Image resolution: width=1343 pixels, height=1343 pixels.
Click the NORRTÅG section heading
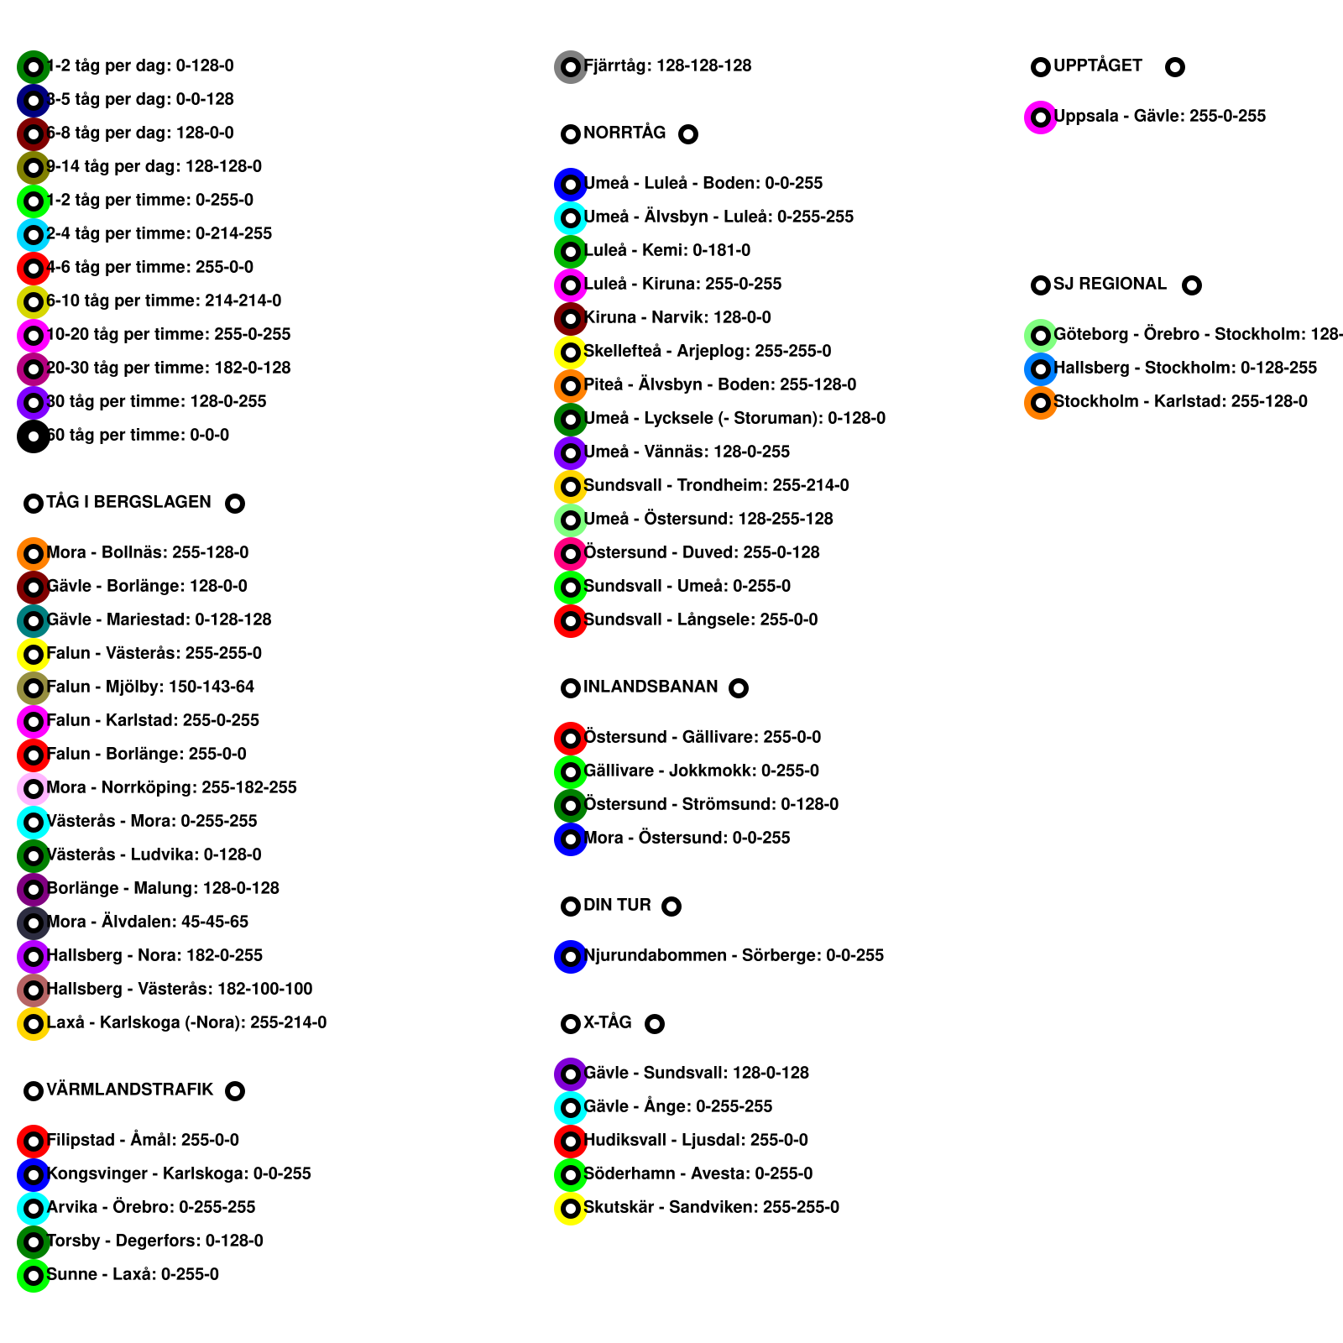pyautogui.click(x=624, y=133)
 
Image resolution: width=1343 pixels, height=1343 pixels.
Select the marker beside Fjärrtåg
pyautogui.click(x=571, y=67)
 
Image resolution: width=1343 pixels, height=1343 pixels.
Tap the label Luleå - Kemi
pyautogui.click(x=667, y=250)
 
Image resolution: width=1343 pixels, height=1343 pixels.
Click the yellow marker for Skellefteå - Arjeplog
pyautogui.click(x=571, y=353)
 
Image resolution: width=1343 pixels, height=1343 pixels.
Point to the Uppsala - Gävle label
pyautogui.click(x=1159, y=116)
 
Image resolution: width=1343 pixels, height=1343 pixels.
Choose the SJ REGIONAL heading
pyautogui.click(x=1110, y=284)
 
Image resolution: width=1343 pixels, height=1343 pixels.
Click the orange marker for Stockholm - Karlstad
pyautogui.click(x=1041, y=403)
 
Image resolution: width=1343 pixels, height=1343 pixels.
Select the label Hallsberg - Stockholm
pyautogui.click(x=1185, y=368)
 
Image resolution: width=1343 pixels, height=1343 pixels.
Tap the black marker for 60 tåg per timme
pyautogui.click(x=34, y=436)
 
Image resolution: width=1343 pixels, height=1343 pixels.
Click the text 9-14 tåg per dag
pyautogui.click(x=154, y=166)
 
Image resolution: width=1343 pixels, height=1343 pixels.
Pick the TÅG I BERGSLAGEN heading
pyautogui.click(x=129, y=502)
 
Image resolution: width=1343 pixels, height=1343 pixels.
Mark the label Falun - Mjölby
pyautogui.click(x=151, y=687)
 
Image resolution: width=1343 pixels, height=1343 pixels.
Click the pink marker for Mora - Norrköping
pyautogui.click(x=34, y=789)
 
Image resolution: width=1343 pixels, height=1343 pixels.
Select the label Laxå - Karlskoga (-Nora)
pyautogui.click(x=187, y=1022)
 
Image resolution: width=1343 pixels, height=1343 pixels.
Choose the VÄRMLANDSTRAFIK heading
pyautogui.click(x=130, y=1090)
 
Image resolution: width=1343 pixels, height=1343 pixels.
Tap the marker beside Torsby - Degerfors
pyautogui.click(x=34, y=1242)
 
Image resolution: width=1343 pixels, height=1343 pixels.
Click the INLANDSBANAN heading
pyautogui.click(x=651, y=687)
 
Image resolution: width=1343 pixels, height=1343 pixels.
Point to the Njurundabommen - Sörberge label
pyautogui.click(x=734, y=955)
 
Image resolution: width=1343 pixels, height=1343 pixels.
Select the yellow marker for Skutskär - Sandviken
pyautogui.click(x=571, y=1209)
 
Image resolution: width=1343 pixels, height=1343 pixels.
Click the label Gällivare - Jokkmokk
pyautogui.click(x=701, y=771)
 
